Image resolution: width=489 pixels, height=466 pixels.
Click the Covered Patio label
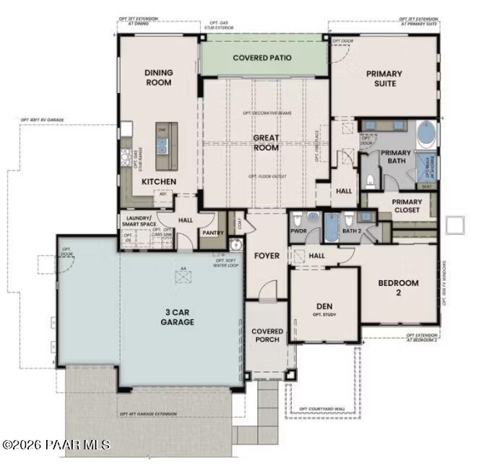point(262,57)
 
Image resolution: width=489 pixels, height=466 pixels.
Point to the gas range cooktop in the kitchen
point(126,157)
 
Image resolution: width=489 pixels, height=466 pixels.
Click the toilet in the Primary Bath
point(371,178)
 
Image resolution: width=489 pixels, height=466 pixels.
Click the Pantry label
point(213,233)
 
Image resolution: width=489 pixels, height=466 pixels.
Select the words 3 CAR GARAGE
point(177,317)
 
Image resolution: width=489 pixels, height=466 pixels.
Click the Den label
point(324,306)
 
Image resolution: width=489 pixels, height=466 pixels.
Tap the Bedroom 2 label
point(398,288)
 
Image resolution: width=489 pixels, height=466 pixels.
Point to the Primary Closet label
point(407,207)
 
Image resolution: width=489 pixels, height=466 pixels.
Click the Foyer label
point(266,256)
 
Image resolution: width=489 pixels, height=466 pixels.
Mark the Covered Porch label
point(267,335)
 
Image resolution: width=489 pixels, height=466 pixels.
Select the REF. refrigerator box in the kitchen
point(163,194)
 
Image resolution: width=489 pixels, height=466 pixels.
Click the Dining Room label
point(158,77)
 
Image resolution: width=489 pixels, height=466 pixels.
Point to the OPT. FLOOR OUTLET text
point(265,176)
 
